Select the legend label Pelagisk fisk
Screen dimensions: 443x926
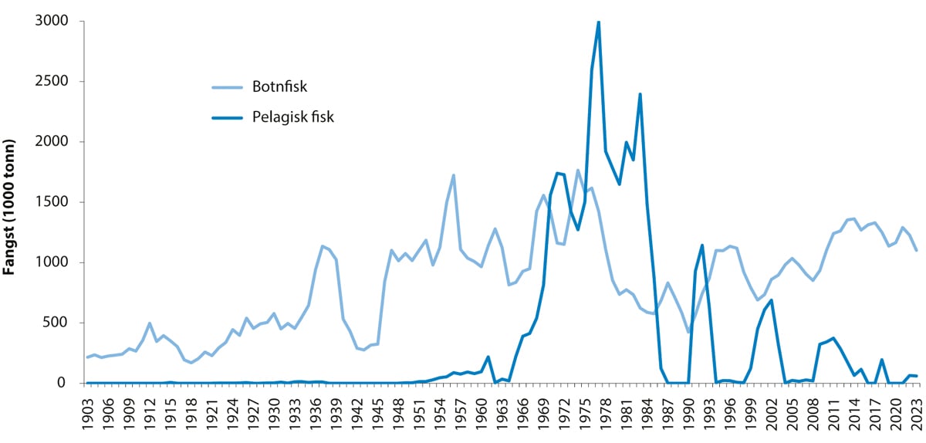tap(292, 117)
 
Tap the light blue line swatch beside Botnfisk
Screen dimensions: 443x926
tap(228, 86)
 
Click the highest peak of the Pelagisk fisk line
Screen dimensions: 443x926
tap(599, 22)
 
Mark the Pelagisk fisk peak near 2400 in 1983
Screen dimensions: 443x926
tap(640, 94)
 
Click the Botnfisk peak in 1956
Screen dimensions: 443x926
tap(453, 175)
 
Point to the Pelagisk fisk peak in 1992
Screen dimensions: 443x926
tap(702, 245)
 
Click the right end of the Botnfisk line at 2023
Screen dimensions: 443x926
tap(917, 250)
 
